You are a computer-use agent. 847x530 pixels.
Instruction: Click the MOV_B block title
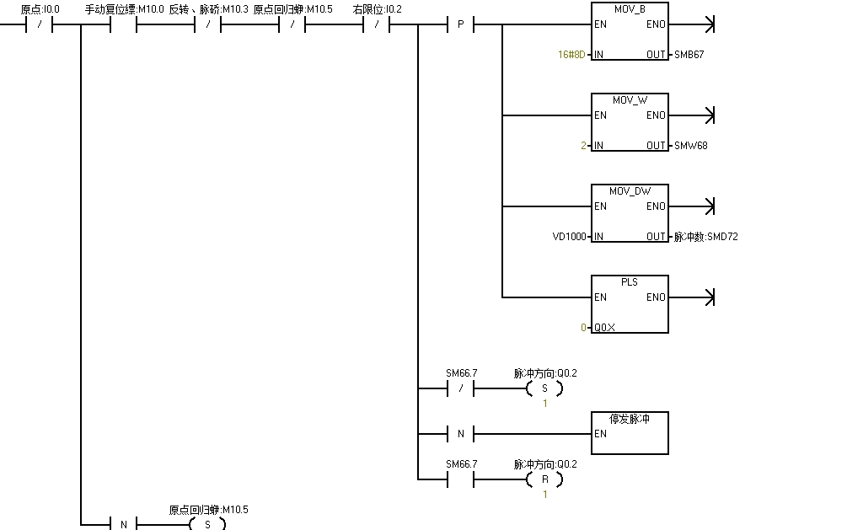click(630, 9)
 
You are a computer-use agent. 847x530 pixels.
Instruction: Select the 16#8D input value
click(571, 55)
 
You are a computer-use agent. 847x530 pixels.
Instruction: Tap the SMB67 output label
click(689, 55)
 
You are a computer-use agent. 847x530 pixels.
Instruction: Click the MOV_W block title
click(630, 100)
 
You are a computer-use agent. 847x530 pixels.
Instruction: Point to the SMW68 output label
click(691, 146)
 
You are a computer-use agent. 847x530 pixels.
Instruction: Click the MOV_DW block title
click(630, 191)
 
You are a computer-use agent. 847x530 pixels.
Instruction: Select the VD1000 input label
click(569, 237)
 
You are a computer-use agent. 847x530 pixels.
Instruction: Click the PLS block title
click(630, 282)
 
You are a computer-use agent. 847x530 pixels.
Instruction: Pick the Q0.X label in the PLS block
click(604, 328)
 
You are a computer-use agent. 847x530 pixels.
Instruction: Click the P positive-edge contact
click(460, 24)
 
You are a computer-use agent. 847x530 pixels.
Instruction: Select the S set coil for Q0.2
click(544, 388)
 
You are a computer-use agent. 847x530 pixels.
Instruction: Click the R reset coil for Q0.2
click(544, 479)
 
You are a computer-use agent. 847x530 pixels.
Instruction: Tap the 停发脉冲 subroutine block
click(630, 433)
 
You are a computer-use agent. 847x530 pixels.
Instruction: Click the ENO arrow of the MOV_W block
click(709, 115)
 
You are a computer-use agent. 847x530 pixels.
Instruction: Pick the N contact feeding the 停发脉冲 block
click(460, 434)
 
